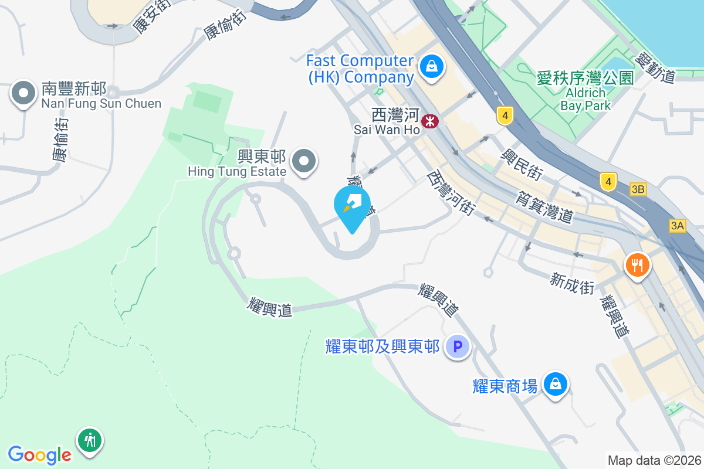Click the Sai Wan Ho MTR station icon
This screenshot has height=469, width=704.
[x=431, y=121]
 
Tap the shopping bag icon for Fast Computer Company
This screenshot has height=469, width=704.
[x=432, y=66]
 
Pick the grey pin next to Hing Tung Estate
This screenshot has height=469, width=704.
[x=304, y=160]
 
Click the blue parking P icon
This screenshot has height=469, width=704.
[x=457, y=346]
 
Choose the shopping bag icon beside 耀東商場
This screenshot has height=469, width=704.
[x=554, y=385]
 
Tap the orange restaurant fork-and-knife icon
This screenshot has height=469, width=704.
[x=637, y=265]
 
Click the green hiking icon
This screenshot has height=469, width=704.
[x=90, y=439]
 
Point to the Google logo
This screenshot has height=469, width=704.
[x=39, y=454]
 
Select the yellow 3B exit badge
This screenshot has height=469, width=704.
[x=638, y=189]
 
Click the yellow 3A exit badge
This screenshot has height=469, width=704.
[x=677, y=225]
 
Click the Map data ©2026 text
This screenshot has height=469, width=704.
[x=654, y=460]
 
